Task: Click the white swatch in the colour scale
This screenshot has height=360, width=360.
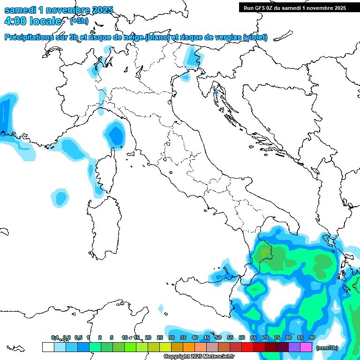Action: [x=48, y=347]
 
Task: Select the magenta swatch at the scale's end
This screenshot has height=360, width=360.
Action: [x=306, y=347]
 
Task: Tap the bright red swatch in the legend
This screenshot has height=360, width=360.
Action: [x=247, y=347]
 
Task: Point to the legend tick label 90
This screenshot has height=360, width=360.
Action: [x=312, y=337]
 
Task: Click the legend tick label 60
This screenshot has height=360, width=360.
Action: [x=241, y=337]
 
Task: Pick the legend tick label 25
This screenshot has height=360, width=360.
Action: [x=159, y=337]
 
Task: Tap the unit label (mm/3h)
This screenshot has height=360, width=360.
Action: [x=327, y=348]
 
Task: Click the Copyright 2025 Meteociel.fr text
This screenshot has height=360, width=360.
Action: [x=199, y=357]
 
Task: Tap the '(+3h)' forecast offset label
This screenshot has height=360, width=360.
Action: [x=79, y=21]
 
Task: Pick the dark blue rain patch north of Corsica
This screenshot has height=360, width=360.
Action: [x=115, y=135]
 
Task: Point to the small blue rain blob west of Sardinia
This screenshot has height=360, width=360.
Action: [x=60, y=197]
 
